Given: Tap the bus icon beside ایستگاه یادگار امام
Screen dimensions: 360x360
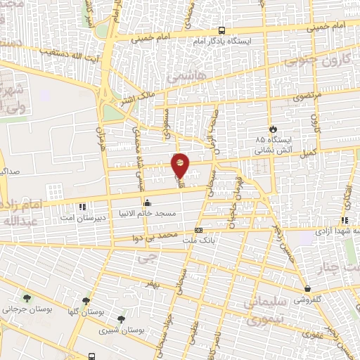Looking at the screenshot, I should (221, 31).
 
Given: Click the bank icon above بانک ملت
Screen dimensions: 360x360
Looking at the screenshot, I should (198, 230).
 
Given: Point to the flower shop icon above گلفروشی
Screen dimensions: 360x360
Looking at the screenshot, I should (307, 288).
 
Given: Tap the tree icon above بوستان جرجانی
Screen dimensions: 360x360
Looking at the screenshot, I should (27, 298).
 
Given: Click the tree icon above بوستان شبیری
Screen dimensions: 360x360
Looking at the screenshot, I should (122, 319).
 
